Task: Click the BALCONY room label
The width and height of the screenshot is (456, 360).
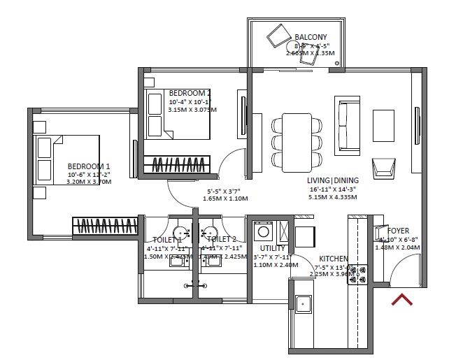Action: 311,36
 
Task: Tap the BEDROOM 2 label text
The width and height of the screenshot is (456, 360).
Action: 190,93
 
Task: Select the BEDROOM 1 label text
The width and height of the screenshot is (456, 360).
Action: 88,166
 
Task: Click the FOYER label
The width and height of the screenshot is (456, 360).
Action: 398,231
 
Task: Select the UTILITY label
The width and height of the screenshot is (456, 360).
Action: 272,248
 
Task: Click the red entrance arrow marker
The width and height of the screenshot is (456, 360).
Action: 401,300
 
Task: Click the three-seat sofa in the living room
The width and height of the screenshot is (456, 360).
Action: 348,126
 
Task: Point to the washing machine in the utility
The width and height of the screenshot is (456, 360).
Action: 264,231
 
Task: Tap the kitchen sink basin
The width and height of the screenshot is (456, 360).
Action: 303,303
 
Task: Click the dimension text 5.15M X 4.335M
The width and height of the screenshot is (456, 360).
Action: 332,198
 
